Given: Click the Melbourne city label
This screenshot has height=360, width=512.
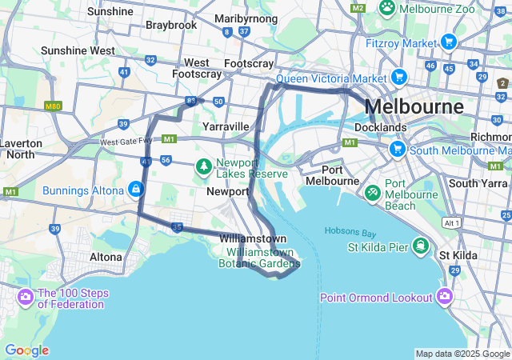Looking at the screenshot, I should coord(414,106).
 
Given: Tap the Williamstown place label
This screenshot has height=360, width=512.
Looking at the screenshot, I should coord(253,238).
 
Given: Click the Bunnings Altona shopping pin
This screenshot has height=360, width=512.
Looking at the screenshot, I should coord(136,190).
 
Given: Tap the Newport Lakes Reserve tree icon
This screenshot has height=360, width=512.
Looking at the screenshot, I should coord(204,166).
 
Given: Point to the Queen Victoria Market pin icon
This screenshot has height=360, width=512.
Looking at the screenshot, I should coord(399,78).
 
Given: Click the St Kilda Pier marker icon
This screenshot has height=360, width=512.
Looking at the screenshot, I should coord(418,245).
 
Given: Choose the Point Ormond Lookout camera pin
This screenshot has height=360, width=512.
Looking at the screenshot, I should coord(445,298).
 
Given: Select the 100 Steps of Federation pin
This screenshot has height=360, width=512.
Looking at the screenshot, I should coord(25,298).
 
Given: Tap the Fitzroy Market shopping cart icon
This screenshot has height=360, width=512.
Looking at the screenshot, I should coord(449,42).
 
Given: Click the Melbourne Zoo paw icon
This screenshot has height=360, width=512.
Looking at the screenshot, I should coord(387,7).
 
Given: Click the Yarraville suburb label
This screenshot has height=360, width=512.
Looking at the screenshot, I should coord(226,126).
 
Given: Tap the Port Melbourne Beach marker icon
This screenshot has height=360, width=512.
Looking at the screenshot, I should coord(373,193).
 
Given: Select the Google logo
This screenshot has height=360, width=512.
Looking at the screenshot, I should coord(26,350).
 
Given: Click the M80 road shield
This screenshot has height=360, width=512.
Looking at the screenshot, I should coord(54,106).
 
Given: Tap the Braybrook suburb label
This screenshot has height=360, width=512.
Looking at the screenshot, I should coord(171,25).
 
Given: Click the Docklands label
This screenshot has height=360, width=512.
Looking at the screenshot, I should coord(381,127).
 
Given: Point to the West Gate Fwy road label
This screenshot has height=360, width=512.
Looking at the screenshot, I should coord(126,142).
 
